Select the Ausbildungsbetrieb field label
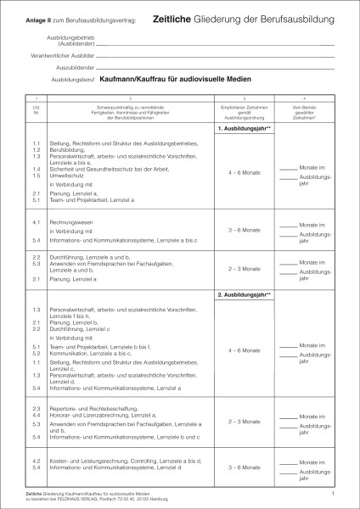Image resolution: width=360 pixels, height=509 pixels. point(71,38)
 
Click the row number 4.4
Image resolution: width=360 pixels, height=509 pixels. point(37,415)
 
